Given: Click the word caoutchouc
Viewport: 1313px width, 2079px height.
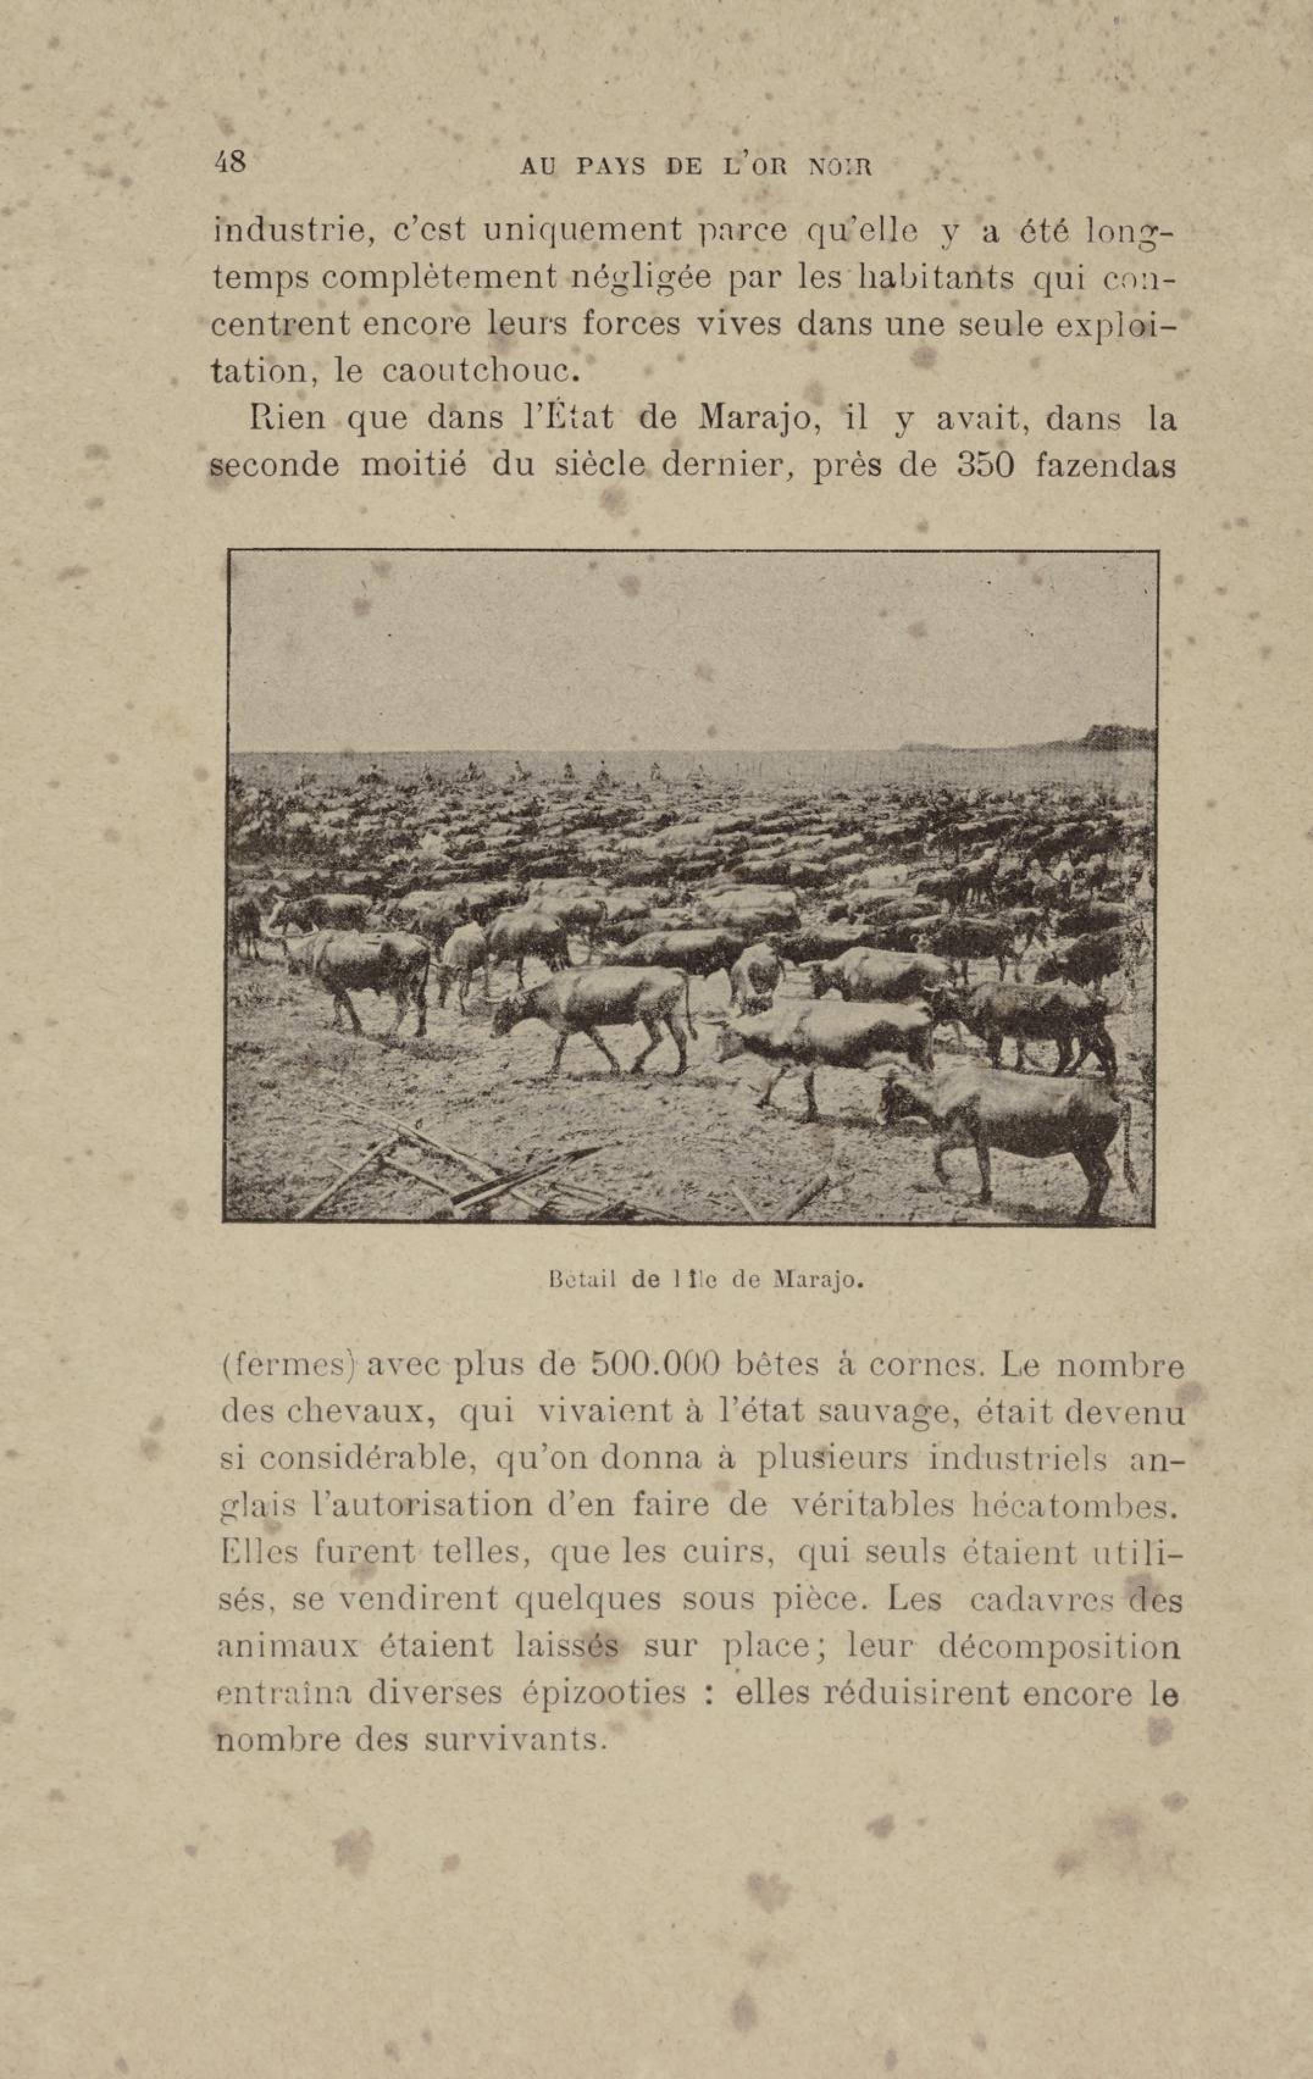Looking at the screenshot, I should [477, 372].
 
